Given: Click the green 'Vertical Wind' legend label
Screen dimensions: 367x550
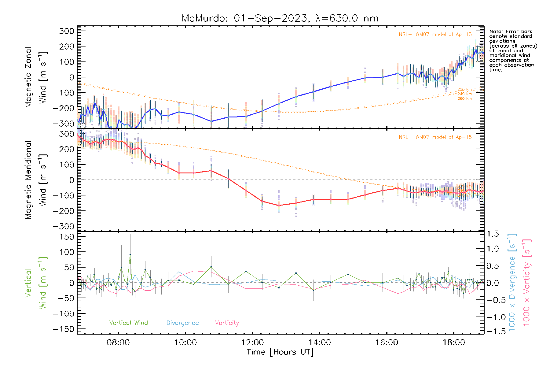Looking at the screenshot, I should click(128, 323).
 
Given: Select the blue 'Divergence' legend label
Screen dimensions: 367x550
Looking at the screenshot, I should click(182, 323).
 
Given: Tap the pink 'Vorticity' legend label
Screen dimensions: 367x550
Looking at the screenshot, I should click(227, 323).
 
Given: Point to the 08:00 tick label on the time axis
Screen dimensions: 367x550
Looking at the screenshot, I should click(118, 342).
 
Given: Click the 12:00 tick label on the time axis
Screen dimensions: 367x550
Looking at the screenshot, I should click(252, 342).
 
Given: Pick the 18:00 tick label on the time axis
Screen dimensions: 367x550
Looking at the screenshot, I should click(454, 342).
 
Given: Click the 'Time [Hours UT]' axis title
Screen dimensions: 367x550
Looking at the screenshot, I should click(280, 352).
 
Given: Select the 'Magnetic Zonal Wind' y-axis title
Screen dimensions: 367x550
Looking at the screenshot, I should click(36, 77).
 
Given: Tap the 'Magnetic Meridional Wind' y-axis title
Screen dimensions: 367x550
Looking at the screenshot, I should click(36, 180).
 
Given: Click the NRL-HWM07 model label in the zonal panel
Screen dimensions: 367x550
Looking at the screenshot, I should click(435, 35).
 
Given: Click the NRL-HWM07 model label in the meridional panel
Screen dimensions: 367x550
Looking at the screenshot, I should click(435, 137).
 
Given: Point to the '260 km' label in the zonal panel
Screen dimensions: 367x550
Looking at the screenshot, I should click(464, 98).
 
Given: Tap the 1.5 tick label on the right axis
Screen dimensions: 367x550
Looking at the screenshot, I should click(493, 234).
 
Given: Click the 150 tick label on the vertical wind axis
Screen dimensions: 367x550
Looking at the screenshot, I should click(67, 237).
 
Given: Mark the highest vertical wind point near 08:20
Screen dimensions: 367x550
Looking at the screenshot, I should click(130, 254).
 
